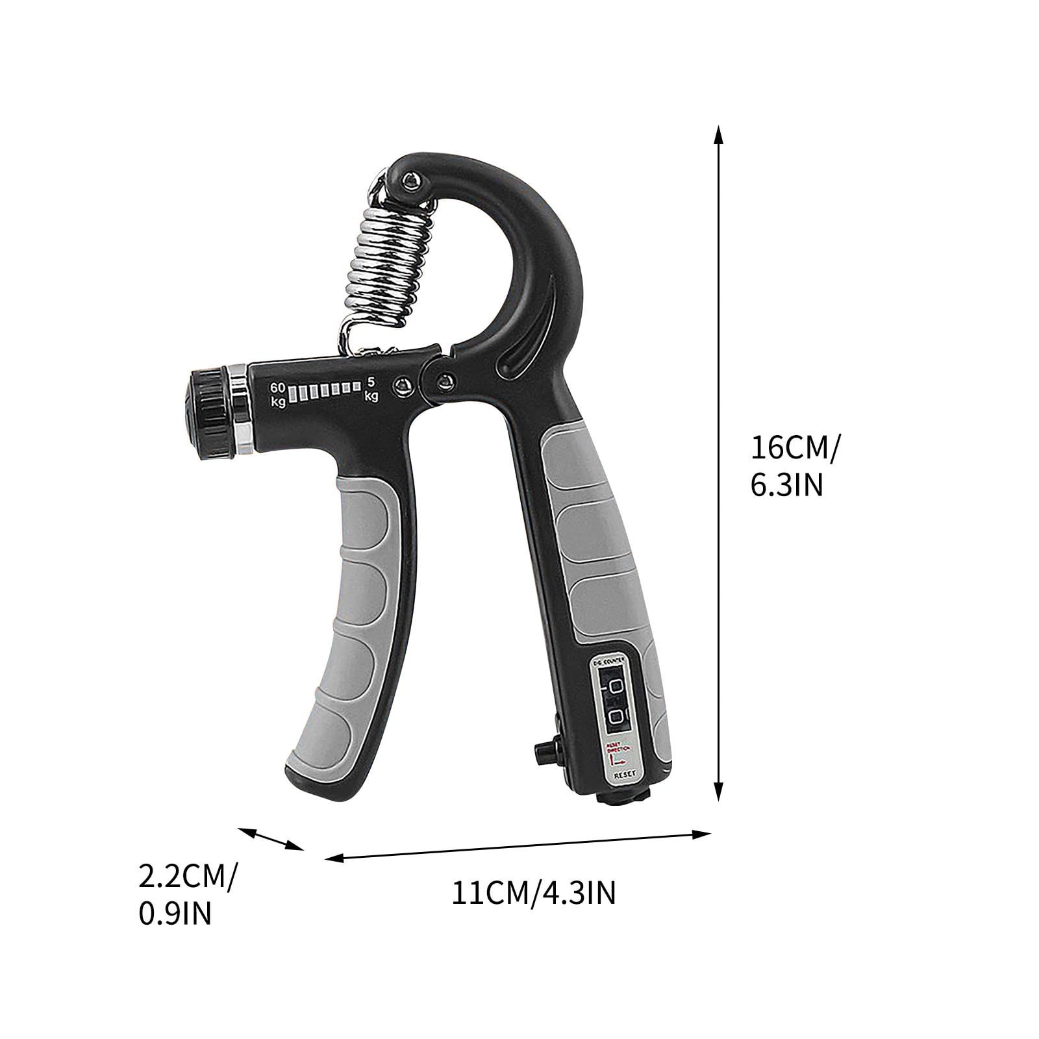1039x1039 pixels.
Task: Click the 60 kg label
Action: pos(278,394)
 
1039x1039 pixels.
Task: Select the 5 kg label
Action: pos(371,389)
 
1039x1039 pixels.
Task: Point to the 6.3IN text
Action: pos(786,484)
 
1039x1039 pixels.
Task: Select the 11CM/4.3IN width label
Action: pos(533,894)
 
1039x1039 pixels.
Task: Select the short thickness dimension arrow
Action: pos(271,838)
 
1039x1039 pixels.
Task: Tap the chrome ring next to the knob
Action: pos(240,412)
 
